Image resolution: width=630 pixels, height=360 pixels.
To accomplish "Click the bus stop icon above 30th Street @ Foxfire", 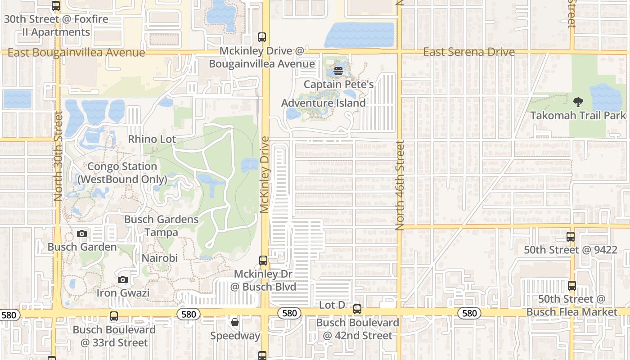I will [x=56, y=6].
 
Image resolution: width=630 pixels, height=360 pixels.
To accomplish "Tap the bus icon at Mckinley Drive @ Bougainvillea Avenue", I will [x=262, y=37].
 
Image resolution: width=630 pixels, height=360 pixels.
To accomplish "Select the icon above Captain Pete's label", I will [x=338, y=71].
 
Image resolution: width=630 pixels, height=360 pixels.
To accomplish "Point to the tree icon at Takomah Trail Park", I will [x=578, y=102].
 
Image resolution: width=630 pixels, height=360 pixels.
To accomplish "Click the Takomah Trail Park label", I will [x=578, y=116].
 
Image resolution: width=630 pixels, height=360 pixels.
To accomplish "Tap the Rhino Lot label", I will [x=152, y=139].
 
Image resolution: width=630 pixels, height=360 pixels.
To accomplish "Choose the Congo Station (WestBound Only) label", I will [x=122, y=173].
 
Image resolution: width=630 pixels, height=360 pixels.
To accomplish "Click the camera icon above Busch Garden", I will [x=82, y=234].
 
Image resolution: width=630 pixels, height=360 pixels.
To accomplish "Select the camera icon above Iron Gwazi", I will [x=122, y=279].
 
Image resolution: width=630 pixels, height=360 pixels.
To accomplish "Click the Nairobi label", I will [x=160, y=258].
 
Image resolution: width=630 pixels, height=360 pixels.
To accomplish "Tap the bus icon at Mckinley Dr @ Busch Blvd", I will [x=263, y=260].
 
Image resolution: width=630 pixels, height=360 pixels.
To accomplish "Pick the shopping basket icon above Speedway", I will [x=235, y=322].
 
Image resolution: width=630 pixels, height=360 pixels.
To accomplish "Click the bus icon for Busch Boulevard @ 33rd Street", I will [x=114, y=316].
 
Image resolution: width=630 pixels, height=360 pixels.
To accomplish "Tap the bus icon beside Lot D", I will [x=357, y=309].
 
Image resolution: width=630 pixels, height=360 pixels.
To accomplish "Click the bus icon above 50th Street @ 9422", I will [x=571, y=236].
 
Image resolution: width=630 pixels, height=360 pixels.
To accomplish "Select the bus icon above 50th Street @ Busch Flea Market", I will [x=571, y=285].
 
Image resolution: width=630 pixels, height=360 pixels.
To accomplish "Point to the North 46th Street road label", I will [x=400, y=185].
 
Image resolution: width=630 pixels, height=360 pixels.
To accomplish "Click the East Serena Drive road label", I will [x=468, y=52].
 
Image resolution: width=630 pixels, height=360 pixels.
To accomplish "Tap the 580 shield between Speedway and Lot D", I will [x=289, y=313].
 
